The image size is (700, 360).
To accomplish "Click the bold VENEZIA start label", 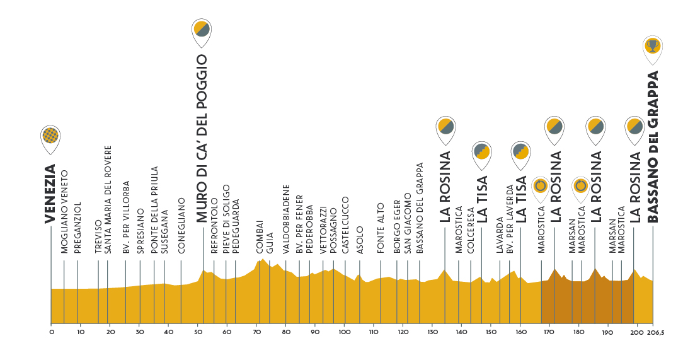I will (50, 194).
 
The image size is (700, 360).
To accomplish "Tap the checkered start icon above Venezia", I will (50, 135).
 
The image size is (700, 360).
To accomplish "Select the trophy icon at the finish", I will (653, 45).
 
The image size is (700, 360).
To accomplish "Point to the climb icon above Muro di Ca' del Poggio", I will (202, 28).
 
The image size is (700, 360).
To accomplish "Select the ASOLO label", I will (360, 240).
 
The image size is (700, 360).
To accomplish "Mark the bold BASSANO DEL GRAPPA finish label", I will (653, 146).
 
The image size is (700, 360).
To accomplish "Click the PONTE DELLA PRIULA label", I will (154, 210).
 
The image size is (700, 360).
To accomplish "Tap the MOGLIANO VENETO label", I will (64, 211).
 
